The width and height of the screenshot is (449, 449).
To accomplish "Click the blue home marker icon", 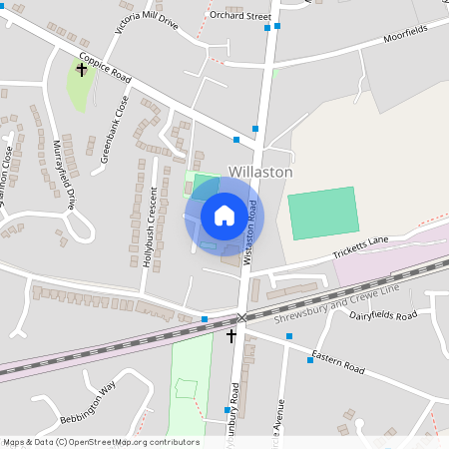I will point(224,216).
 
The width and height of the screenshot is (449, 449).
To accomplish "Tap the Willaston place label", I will point(260,172).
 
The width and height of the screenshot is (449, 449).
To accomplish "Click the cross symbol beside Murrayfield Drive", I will point(82,71).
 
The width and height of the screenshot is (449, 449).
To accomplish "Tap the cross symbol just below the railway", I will point(232,336).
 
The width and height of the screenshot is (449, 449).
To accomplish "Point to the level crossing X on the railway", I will point(240,318).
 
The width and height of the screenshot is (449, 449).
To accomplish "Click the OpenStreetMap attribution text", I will point(101,442).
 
